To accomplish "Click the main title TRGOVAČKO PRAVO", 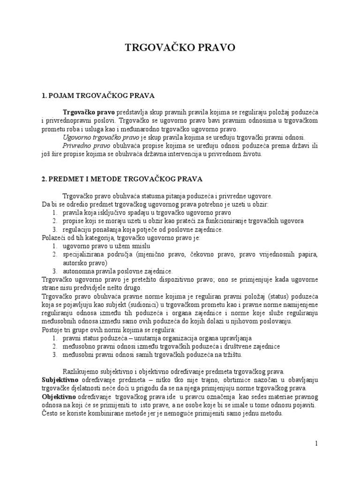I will (x=180, y=47).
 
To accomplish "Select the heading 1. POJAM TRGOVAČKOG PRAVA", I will (x=98, y=96).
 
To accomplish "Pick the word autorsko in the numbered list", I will (x=75, y=263).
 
